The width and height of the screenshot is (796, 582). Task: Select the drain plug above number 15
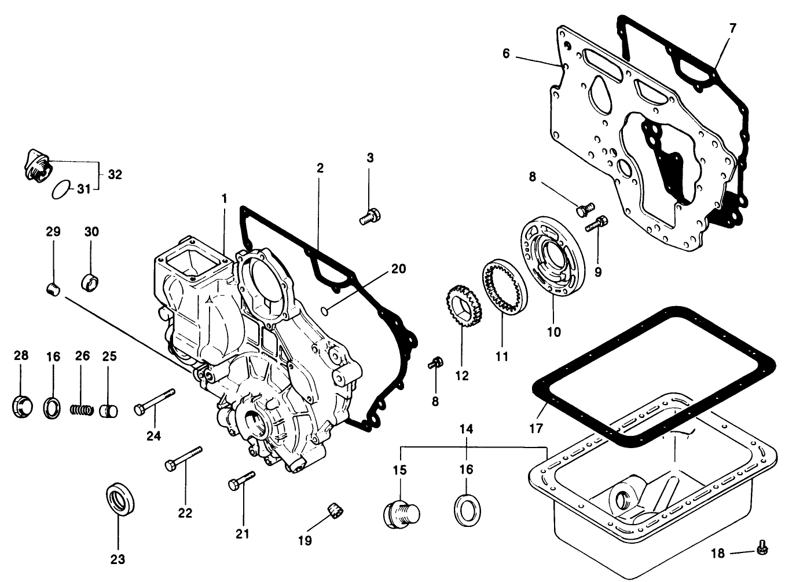[x=401, y=512]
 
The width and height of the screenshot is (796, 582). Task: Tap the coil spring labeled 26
[x=82, y=409]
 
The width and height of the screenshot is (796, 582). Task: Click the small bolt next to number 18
[x=761, y=546]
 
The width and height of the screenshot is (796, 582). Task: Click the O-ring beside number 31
[x=61, y=190]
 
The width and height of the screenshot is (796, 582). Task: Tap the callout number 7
[x=733, y=28]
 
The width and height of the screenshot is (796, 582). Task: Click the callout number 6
[x=506, y=54]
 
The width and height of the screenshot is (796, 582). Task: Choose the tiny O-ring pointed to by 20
[x=326, y=311]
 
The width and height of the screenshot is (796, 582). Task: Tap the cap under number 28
[x=21, y=405]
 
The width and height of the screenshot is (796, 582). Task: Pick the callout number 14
[x=467, y=429]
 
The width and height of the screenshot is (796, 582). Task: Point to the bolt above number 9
[x=597, y=223]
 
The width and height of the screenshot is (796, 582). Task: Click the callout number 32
[x=115, y=174]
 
